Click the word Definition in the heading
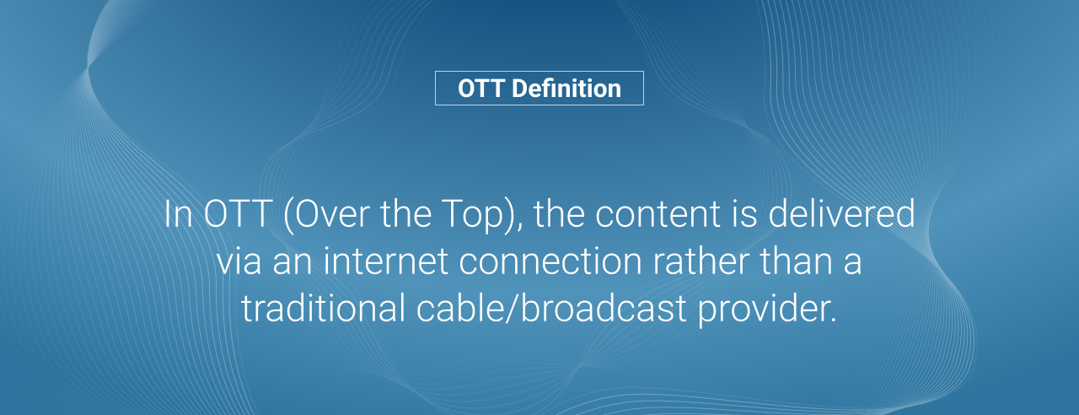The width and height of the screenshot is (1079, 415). coord(566,89)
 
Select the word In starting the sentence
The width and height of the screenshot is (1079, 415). coord(178,213)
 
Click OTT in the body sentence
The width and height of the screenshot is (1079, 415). coord(238,213)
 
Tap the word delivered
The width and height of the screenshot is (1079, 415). coord(841,213)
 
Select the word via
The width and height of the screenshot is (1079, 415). coord(239,261)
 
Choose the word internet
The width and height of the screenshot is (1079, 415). coord(386,261)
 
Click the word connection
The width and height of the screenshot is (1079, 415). coord(550,261)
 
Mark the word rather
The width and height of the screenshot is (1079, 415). coord(701,260)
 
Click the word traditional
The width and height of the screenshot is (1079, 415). coord(323,308)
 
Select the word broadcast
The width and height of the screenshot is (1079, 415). coord(604,307)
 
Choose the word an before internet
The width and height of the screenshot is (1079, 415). coord(293,265)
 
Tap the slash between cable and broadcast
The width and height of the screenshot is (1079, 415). coord(513,308)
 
